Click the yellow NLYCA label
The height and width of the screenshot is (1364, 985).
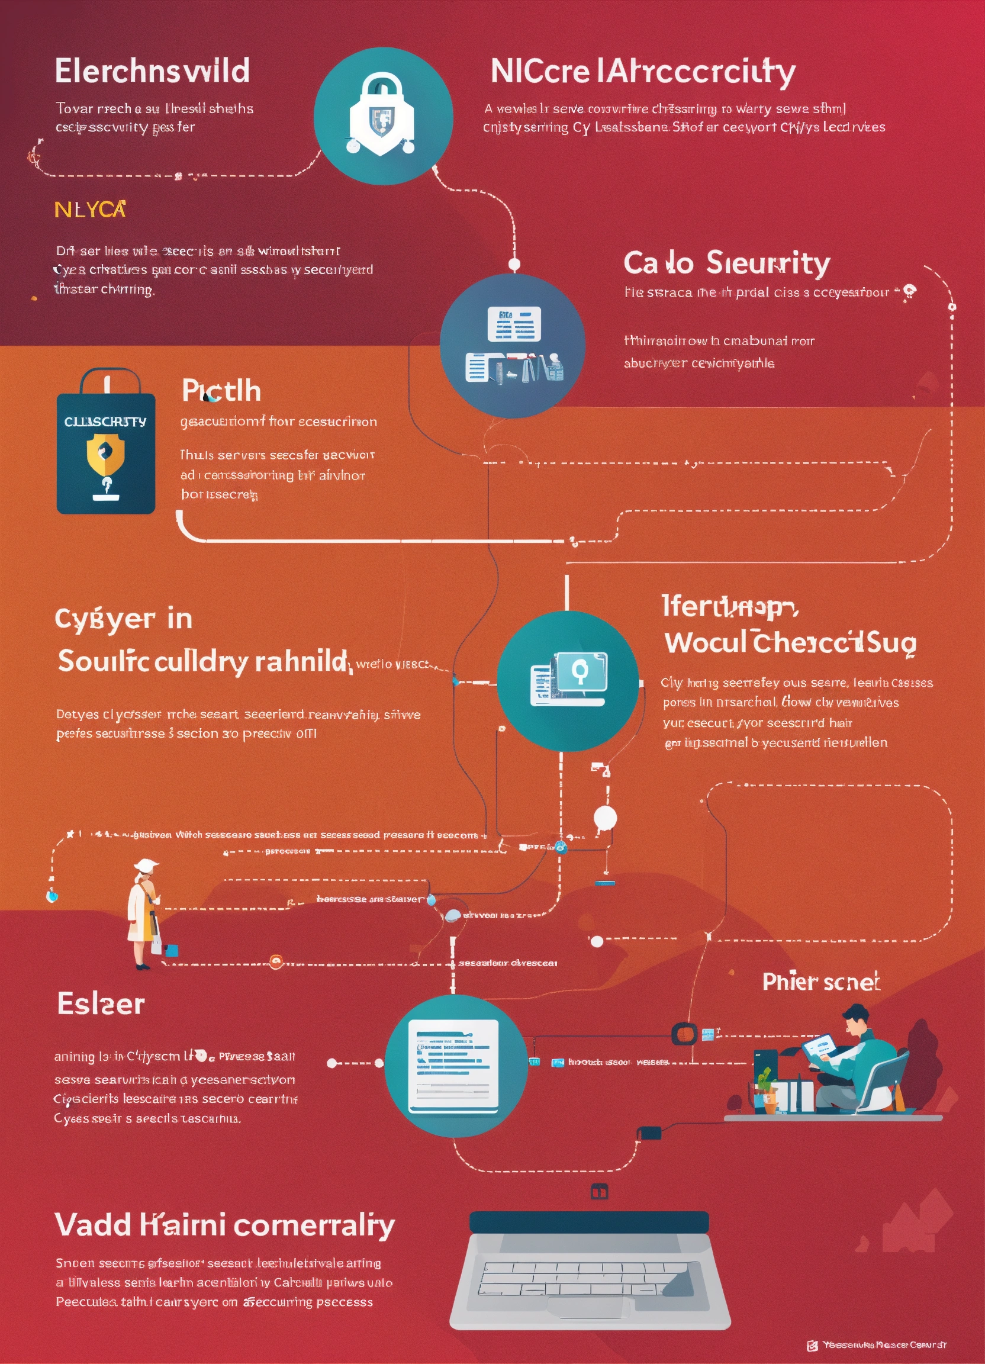(89, 210)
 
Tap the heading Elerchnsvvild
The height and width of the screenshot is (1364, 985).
(152, 71)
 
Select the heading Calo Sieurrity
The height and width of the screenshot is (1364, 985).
(726, 263)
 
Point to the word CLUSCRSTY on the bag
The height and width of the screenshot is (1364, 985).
(105, 422)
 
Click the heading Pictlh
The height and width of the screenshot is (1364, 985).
(221, 391)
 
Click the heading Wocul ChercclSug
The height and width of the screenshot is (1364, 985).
(790, 642)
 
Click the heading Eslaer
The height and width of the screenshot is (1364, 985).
(101, 1003)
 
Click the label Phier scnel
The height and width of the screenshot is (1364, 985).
(821, 982)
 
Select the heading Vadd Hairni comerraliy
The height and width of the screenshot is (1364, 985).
(224, 1224)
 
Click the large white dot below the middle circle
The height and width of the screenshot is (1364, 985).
(605, 818)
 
